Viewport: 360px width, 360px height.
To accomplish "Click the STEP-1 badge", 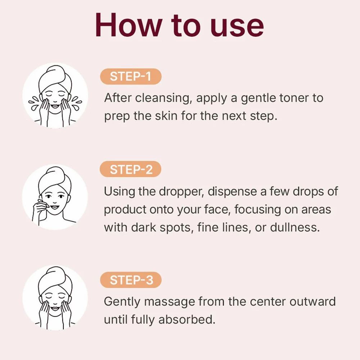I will tap(130, 77).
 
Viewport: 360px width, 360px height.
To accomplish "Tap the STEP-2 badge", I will tap(130, 169).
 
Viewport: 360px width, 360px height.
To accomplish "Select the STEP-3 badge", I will tap(130, 280).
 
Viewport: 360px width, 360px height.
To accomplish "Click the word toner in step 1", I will tap(291, 98).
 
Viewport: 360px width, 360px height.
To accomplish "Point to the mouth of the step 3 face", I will tap(55, 309).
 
